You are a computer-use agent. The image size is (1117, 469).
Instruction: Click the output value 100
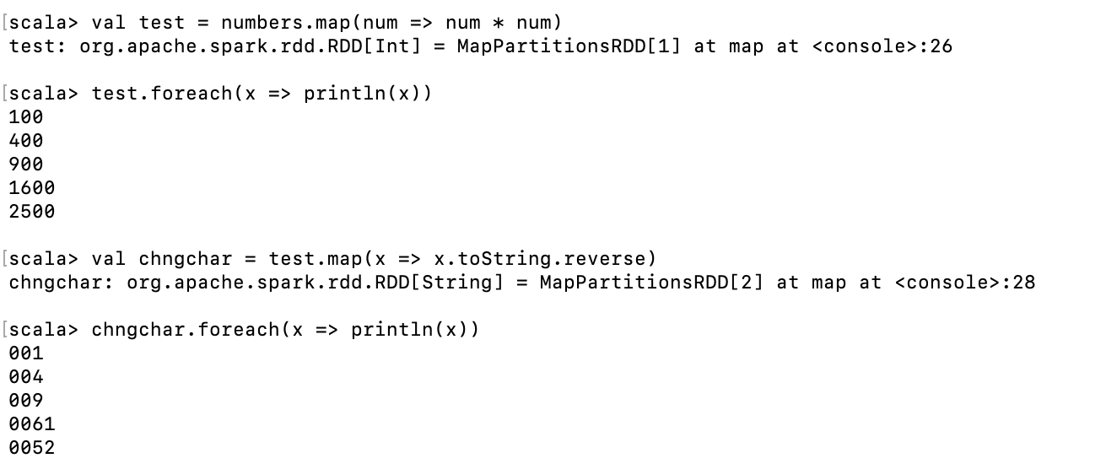pyautogui.click(x=26, y=116)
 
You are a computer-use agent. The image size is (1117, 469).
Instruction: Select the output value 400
pyautogui.click(x=26, y=140)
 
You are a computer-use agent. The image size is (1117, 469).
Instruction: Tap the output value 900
pyautogui.click(x=26, y=164)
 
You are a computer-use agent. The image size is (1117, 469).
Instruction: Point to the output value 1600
pyautogui.click(x=32, y=187)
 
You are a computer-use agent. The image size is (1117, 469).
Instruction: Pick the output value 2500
pyautogui.click(x=32, y=211)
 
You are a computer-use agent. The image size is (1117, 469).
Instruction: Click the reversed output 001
pyautogui.click(x=26, y=353)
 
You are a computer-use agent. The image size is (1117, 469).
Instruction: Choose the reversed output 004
pyautogui.click(x=26, y=376)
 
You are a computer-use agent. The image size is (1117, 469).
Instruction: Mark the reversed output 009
pyautogui.click(x=26, y=400)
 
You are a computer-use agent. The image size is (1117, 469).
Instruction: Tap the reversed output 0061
pyautogui.click(x=32, y=423)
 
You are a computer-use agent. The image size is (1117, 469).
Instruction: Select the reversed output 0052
pyautogui.click(x=32, y=447)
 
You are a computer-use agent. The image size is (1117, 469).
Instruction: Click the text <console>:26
pyautogui.click(x=882, y=46)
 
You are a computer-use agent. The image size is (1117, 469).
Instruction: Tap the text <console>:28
pyautogui.click(x=964, y=282)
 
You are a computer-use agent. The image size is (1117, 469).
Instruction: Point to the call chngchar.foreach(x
pyautogui.click(x=197, y=329)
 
